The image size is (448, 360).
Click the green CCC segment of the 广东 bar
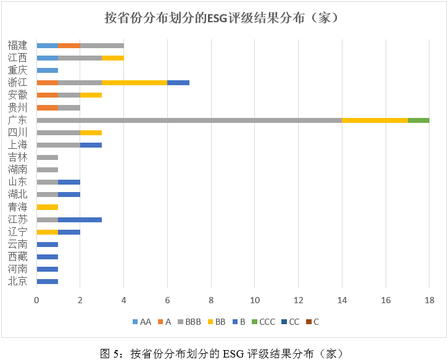[x=419, y=120]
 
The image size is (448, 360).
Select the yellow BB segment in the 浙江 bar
[x=135, y=82]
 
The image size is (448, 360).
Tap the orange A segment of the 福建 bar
[x=69, y=45]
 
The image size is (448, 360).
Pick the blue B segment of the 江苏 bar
[x=80, y=219]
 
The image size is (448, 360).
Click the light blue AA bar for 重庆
[x=48, y=70]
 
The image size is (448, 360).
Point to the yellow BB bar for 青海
[x=48, y=207]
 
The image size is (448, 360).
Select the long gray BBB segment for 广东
[x=189, y=120]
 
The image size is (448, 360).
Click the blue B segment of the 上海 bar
[x=91, y=144]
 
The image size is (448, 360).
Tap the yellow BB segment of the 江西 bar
[x=113, y=57]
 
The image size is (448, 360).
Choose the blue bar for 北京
[x=48, y=282]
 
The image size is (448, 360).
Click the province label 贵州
[x=18, y=107]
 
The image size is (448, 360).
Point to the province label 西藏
[x=18, y=257]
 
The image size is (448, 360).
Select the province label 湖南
[x=18, y=170]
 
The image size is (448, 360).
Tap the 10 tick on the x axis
[x=255, y=301]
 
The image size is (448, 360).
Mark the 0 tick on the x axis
[x=37, y=301]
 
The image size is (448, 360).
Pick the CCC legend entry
[x=263, y=322]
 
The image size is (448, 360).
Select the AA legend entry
[x=142, y=322]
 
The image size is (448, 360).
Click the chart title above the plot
[x=223, y=18]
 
